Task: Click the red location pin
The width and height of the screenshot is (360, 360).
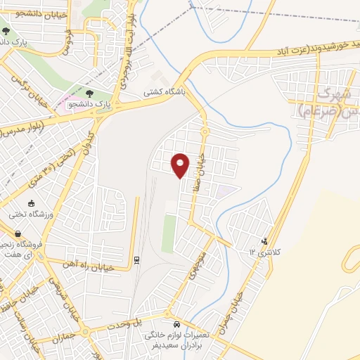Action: [181, 165]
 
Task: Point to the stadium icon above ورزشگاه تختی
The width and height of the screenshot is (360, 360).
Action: [31, 203]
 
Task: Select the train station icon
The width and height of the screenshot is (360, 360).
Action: [136, 260]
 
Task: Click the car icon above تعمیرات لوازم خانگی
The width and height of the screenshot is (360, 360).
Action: [177, 326]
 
